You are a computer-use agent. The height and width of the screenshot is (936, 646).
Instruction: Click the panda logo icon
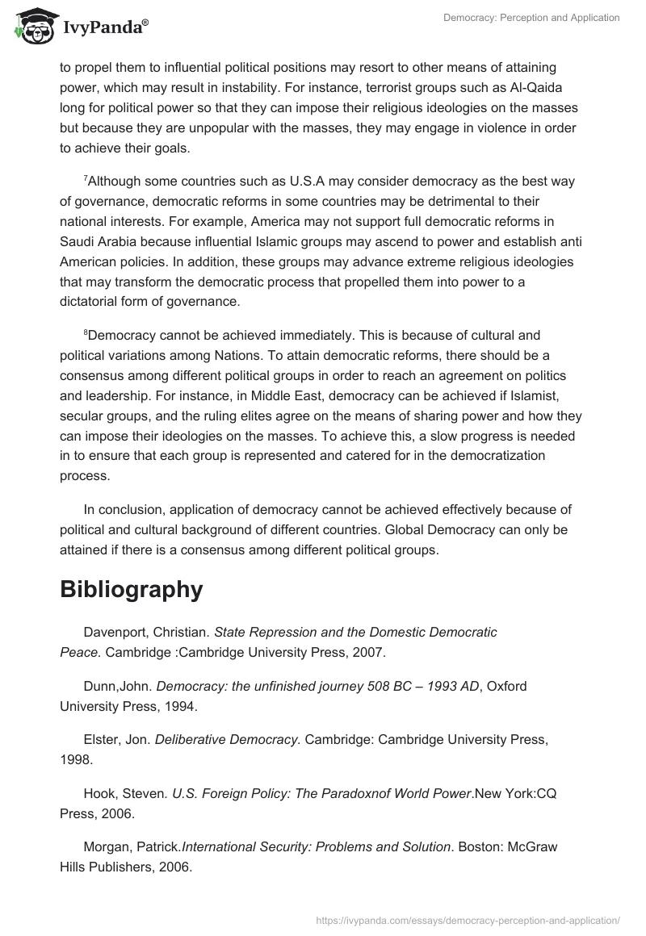[x=31, y=27]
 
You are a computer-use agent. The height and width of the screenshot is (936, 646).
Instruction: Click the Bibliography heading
[x=131, y=590]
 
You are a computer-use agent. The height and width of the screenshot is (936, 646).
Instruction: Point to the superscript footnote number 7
[x=86, y=178]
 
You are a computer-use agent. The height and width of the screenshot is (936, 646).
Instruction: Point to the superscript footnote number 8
[x=86, y=332]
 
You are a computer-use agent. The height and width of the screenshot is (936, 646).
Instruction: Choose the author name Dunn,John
[x=116, y=687]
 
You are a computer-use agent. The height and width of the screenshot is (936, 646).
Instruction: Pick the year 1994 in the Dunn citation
[x=179, y=705]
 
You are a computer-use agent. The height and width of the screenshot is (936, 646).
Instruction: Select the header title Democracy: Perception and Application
[x=531, y=18]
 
